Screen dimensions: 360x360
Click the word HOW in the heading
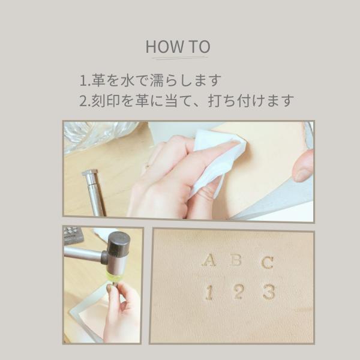click(164, 47)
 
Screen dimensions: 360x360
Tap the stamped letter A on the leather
click(209, 260)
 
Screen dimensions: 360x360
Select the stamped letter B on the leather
click(236, 260)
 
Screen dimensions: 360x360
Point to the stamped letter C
click(268, 262)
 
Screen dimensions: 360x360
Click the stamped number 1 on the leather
click(209, 292)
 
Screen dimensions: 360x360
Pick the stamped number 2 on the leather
click(238, 292)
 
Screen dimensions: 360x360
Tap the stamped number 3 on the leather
click(269, 292)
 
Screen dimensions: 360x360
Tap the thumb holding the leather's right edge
click(304, 166)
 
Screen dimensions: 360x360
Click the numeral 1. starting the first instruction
click(85, 80)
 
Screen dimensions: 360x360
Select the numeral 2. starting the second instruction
click(85, 101)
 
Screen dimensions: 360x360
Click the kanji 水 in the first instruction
click(127, 80)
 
